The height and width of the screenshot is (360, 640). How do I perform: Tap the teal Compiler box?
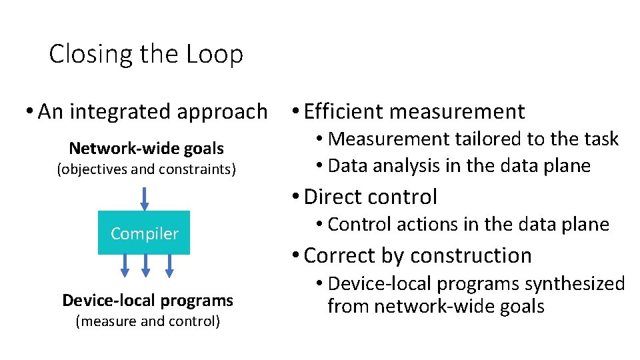coord(144,233)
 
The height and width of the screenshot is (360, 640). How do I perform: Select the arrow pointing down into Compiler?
coord(144,198)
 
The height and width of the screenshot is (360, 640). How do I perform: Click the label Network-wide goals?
coord(147,148)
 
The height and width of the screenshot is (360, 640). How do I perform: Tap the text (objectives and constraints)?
coord(147,169)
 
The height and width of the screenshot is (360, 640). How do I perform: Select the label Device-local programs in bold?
coord(147,300)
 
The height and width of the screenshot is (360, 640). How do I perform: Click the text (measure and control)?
coord(147,321)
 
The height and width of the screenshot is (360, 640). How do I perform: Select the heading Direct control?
coord(370,197)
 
